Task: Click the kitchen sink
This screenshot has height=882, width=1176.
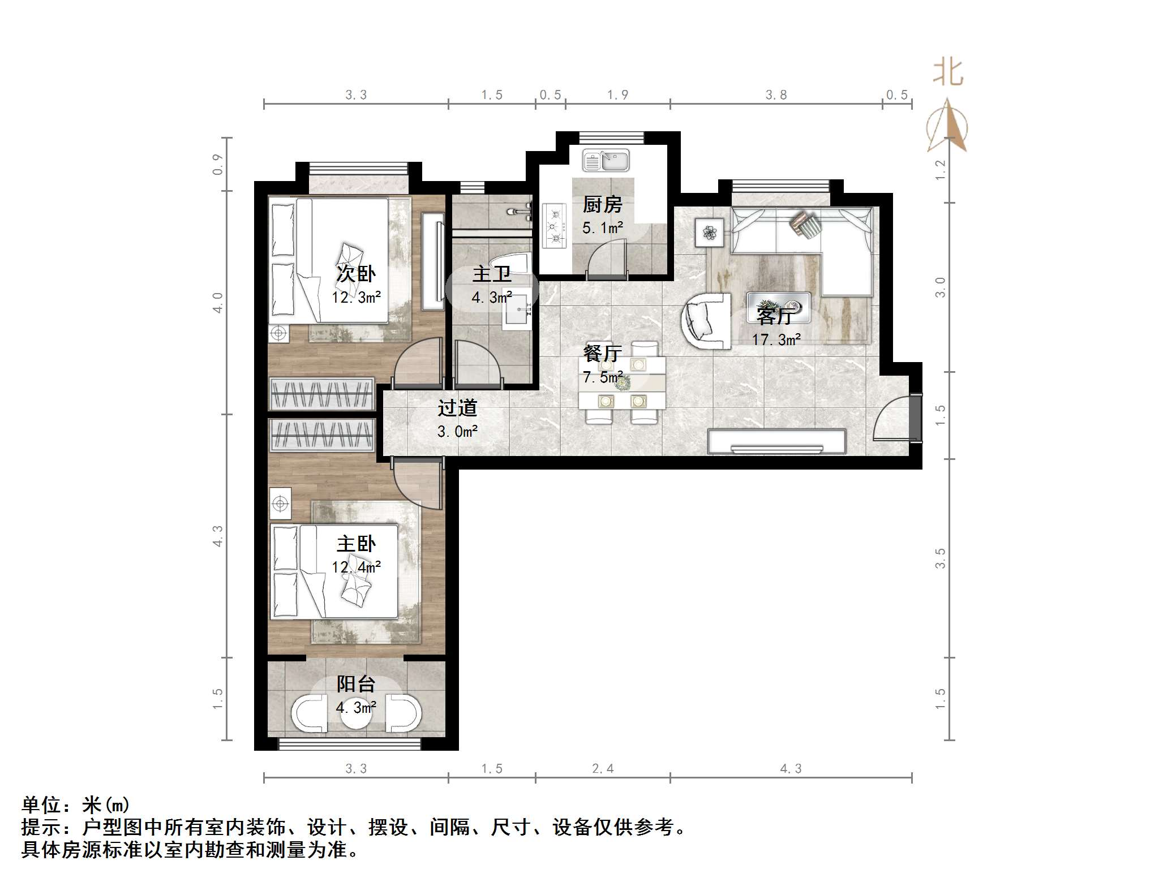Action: pos(606,161)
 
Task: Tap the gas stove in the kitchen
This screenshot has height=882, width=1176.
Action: pos(554,225)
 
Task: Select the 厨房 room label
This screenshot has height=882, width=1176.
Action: pos(602,204)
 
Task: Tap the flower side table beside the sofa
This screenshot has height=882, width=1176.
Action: pos(709,233)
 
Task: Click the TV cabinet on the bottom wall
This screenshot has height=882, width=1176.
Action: pos(776,441)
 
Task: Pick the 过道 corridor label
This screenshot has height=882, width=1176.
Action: pos(457,408)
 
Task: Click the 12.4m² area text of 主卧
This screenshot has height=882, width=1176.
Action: pos(356,566)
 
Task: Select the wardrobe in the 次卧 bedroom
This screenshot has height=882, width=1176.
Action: pos(321,393)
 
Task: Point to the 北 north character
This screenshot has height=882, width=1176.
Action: pos(948,74)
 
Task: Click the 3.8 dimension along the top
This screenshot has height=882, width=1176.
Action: pos(776,95)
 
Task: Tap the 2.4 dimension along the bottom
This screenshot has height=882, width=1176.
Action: pos(602,768)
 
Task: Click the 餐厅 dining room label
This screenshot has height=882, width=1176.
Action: pos(602,354)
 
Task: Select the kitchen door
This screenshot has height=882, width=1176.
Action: pos(607,259)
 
